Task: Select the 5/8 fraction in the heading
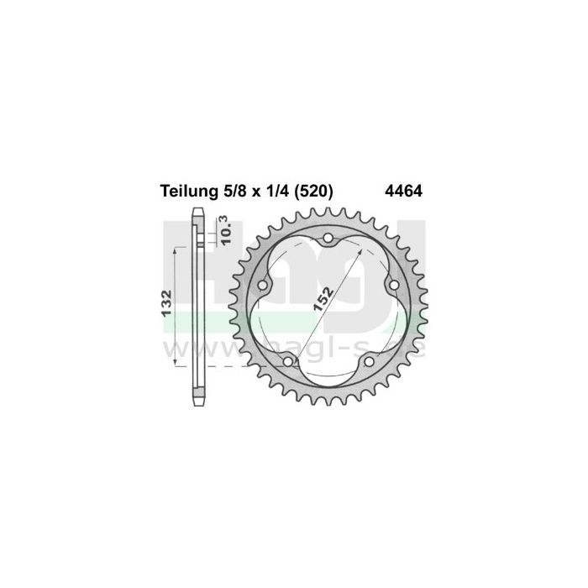coord(231,191)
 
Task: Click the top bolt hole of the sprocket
coord(328,239)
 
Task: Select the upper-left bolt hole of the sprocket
coord(263,286)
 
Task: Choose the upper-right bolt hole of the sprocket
coord(393,286)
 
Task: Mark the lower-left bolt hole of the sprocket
coord(288,362)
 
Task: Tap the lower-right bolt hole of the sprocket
coord(369,362)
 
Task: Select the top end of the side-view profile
coord(199,210)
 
